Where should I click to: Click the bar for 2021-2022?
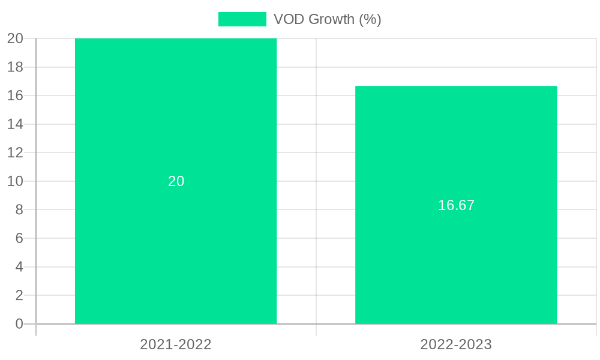176,240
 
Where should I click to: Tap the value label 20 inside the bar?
176,181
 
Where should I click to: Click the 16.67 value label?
456,205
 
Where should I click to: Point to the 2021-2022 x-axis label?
176,344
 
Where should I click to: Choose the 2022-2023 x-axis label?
456,344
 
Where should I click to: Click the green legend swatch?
242,19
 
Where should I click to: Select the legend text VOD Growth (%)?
327,19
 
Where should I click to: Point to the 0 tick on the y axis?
19,324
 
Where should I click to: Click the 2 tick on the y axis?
19,295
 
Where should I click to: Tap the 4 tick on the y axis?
19,267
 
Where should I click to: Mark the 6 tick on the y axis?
19,238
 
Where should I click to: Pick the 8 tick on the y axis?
19,209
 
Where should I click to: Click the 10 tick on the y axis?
15,181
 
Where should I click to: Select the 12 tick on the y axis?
15,152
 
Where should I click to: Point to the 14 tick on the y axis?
15,124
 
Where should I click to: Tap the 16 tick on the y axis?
15,95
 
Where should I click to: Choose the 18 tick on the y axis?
15,67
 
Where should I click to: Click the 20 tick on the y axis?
15,38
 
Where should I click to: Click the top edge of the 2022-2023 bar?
456,86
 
